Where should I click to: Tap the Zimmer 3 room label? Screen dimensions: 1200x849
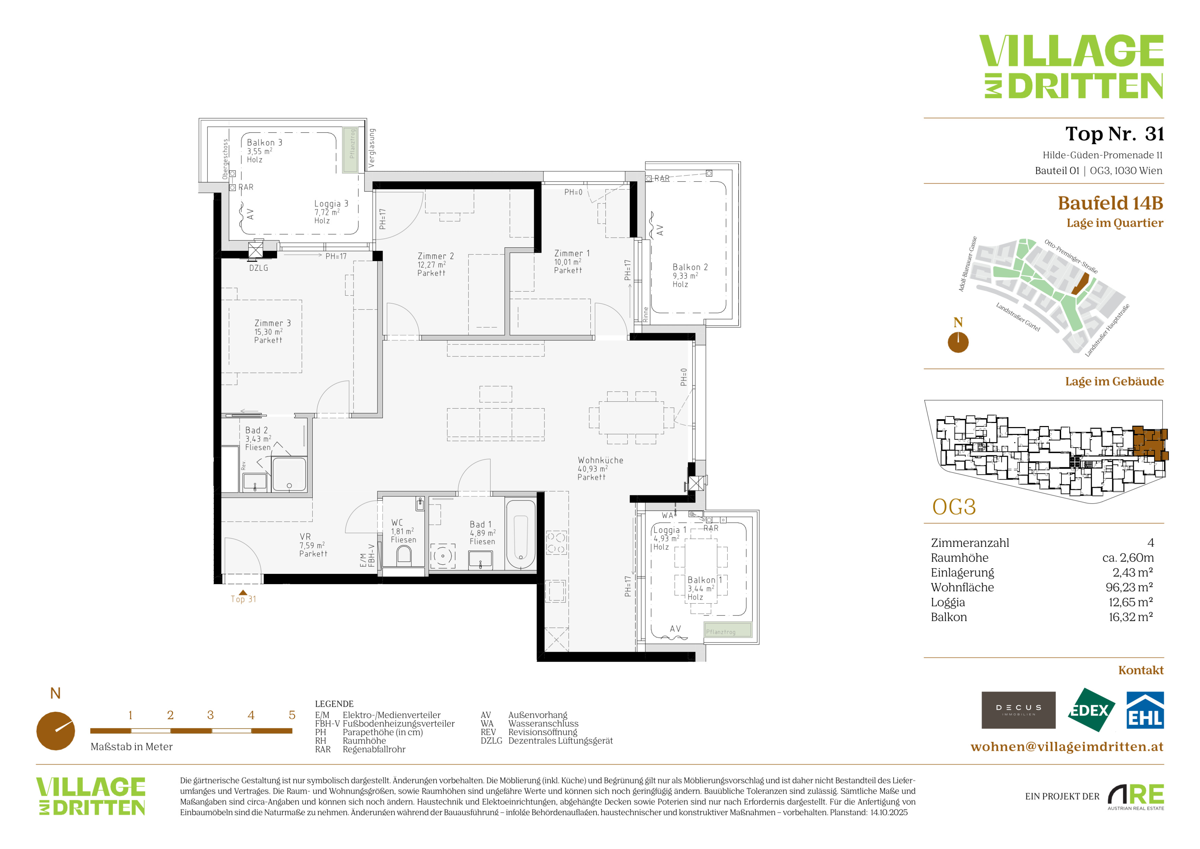(x=272, y=323)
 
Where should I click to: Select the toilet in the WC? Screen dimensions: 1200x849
(x=404, y=555)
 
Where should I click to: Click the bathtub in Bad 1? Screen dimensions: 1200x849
(x=520, y=535)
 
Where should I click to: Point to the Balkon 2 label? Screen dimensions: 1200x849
(x=690, y=267)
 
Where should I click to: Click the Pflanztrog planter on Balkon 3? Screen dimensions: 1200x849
(x=350, y=150)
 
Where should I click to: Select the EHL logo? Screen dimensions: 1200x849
(x=1144, y=710)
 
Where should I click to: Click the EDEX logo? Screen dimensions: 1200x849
(x=1090, y=710)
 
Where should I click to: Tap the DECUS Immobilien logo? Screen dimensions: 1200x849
(x=1018, y=710)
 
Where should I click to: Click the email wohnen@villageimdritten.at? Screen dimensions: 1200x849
(x=1067, y=746)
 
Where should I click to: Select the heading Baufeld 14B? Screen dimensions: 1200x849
(x=1111, y=203)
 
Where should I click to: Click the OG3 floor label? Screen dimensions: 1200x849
(x=954, y=507)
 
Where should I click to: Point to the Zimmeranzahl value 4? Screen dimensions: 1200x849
(x=1150, y=543)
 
